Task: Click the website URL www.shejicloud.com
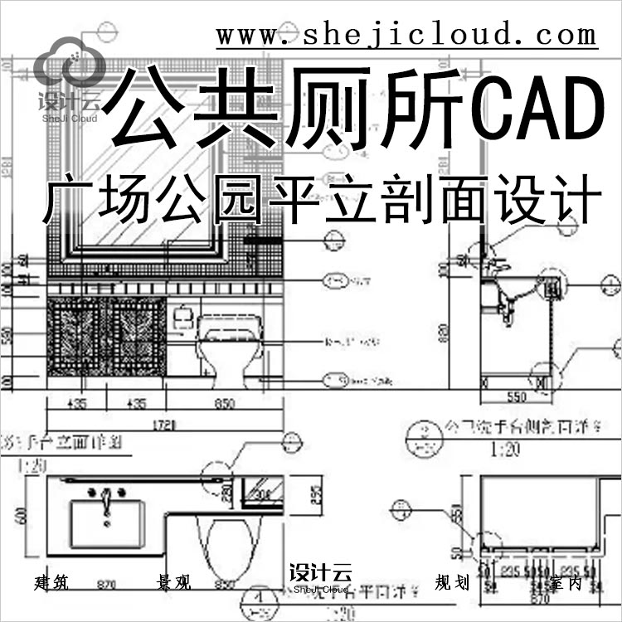pos(406,35)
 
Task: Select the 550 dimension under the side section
pos(516,397)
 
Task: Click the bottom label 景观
pos(173,582)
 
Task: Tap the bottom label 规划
pos(452,582)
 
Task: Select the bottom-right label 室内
pos(565,582)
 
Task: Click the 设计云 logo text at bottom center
pos(320,573)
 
